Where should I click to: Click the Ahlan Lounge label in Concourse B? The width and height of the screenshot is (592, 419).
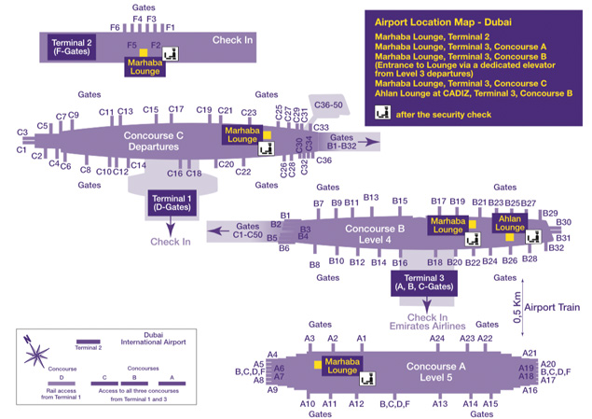pyautogui.click(x=510, y=222)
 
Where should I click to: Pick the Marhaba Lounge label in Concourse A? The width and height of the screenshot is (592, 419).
pyautogui.click(x=341, y=367)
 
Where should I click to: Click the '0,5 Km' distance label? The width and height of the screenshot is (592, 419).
pyautogui.click(x=517, y=307)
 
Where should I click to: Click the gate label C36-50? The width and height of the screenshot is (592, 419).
pyautogui.click(x=330, y=106)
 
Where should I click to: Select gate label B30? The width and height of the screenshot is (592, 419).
pyautogui.click(x=563, y=223)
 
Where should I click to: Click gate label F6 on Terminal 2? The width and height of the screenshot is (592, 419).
pyautogui.click(x=115, y=28)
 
